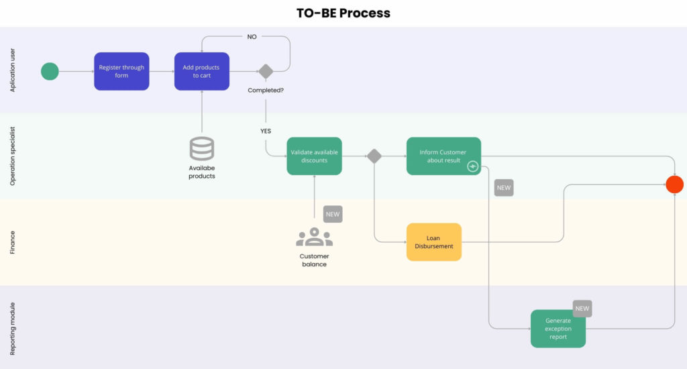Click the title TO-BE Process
click(x=343, y=13)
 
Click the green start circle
click(x=50, y=71)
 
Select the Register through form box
click(x=121, y=71)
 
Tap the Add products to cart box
click(x=202, y=71)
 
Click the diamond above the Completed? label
click(x=266, y=71)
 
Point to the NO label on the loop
click(x=252, y=37)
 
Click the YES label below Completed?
click(x=266, y=131)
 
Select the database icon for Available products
click(x=202, y=148)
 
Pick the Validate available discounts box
click(x=314, y=156)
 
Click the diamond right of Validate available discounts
click(x=374, y=156)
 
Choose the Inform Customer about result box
click(x=443, y=156)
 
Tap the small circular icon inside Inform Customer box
click(x=472, y=166)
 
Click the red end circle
click(x=674, y=184)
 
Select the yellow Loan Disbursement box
click(x=434, y=242)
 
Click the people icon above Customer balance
click(x=314, y=237)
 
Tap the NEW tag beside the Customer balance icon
click(x=333, y=214)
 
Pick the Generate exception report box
click(x=558, y=329)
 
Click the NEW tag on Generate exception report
click(x=582, y=309)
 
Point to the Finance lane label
click(x=12, y=242)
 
